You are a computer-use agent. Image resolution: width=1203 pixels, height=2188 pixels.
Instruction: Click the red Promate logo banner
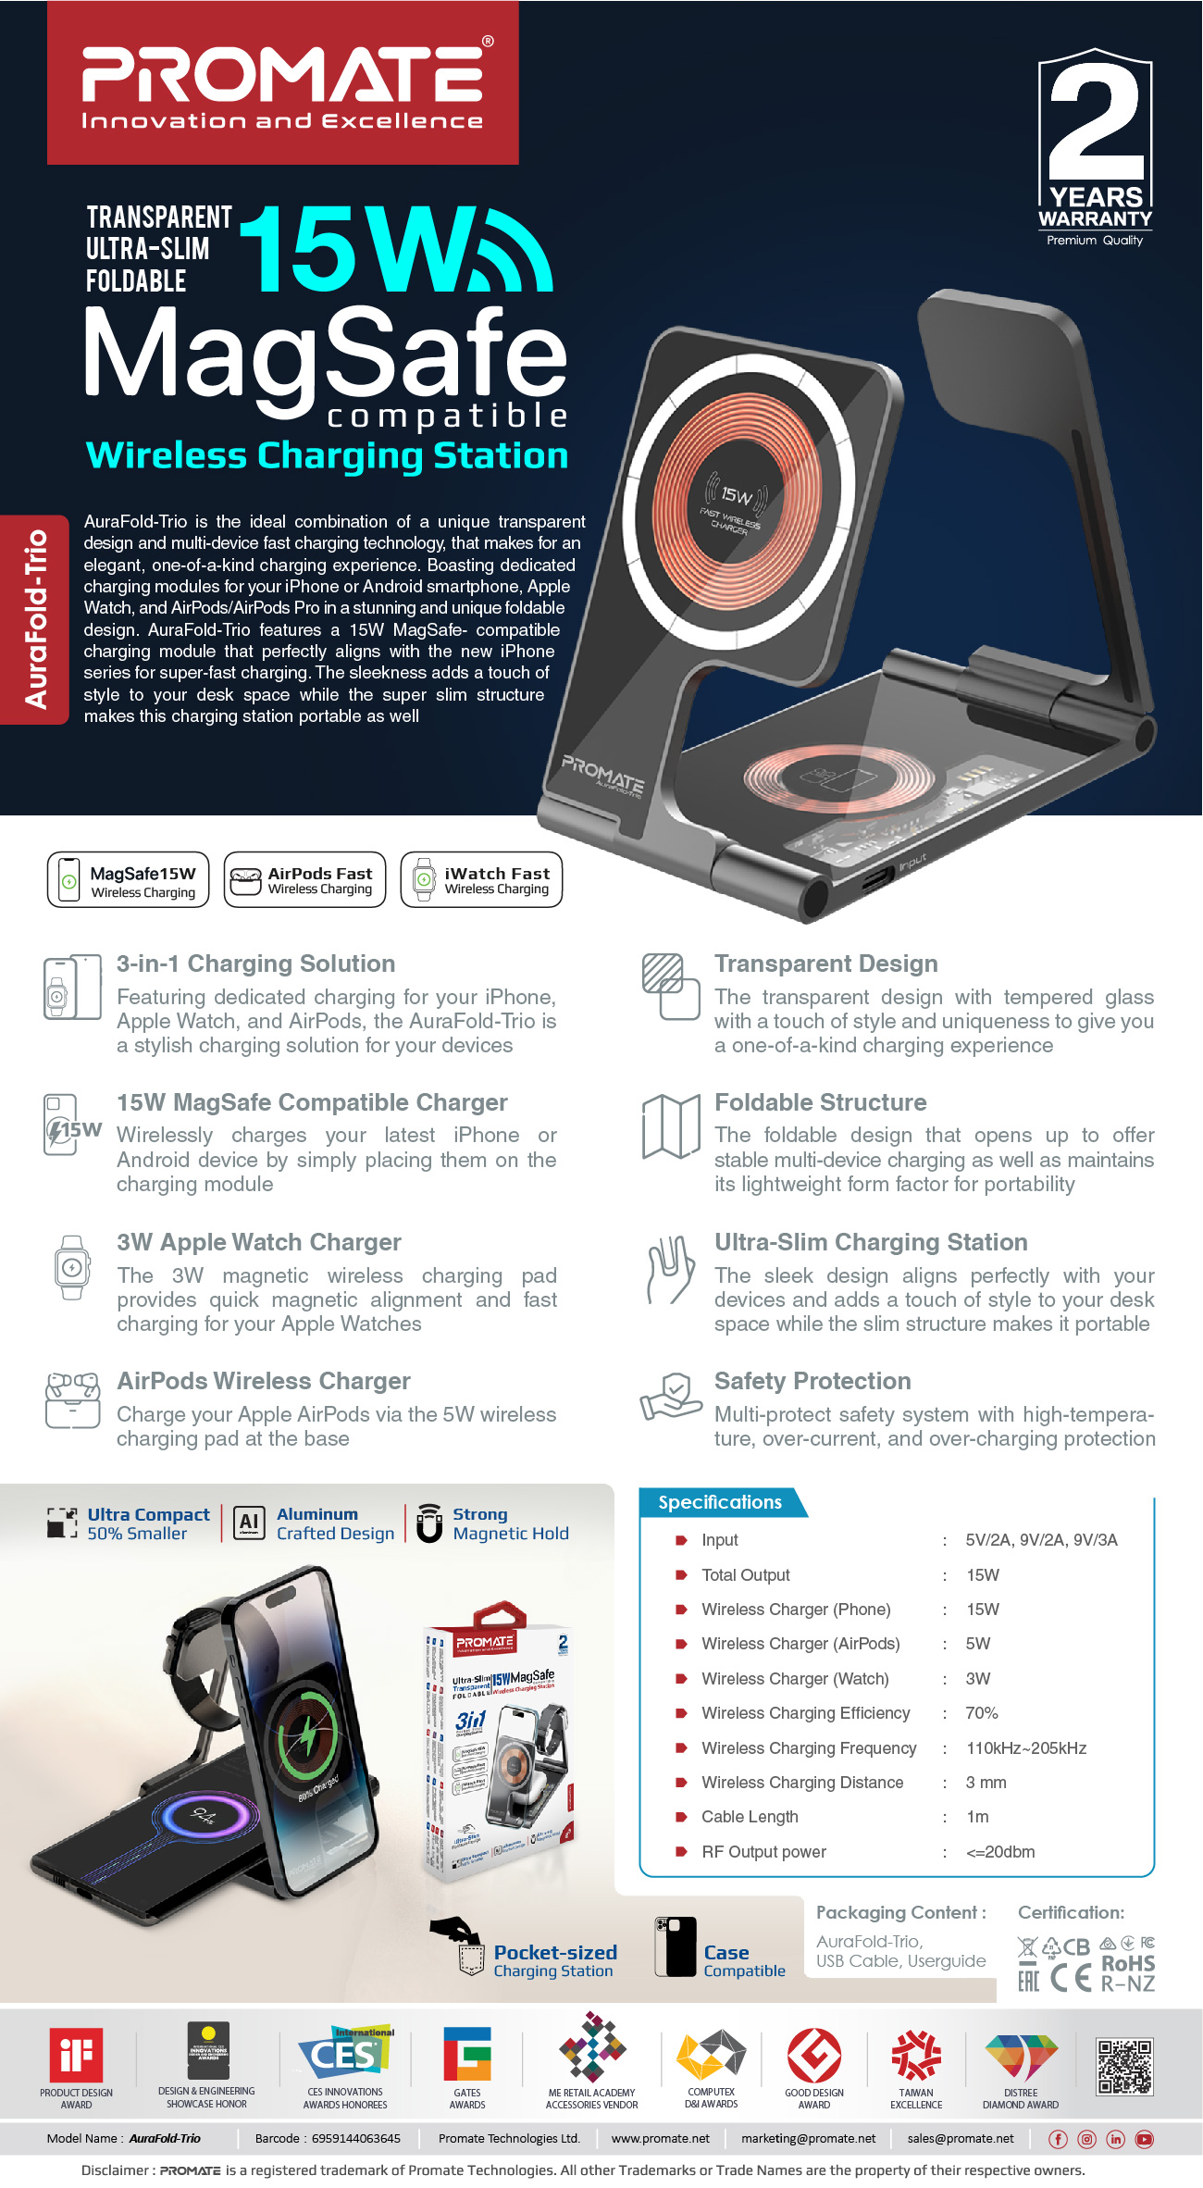283,83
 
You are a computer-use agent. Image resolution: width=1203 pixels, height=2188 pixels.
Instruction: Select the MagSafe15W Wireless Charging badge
128,880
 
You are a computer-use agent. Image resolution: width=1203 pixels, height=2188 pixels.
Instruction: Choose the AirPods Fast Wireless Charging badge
304,880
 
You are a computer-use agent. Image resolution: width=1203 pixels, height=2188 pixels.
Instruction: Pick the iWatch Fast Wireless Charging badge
481,880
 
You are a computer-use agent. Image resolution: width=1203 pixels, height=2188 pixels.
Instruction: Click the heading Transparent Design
825,963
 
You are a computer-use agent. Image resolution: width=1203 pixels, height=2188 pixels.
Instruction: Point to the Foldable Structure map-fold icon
671,1126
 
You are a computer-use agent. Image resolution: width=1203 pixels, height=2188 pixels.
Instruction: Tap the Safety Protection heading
812,1381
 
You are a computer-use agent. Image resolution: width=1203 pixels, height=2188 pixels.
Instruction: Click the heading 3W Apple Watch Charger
258,1242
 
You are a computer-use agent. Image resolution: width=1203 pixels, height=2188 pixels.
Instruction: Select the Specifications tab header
720,1502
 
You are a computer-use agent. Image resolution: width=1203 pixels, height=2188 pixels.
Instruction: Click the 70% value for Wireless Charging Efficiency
982,1713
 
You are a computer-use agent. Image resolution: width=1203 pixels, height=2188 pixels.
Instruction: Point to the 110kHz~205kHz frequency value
1026,1748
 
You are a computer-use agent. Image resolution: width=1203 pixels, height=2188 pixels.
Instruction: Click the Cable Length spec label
750,1817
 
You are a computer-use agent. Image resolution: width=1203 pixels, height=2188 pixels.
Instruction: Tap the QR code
1124,2067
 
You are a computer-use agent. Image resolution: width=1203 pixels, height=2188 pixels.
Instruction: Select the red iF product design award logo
76,2056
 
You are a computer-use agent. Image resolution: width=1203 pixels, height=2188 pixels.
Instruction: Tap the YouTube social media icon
1145,2139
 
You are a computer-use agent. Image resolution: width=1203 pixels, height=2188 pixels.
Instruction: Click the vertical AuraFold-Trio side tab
35,619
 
